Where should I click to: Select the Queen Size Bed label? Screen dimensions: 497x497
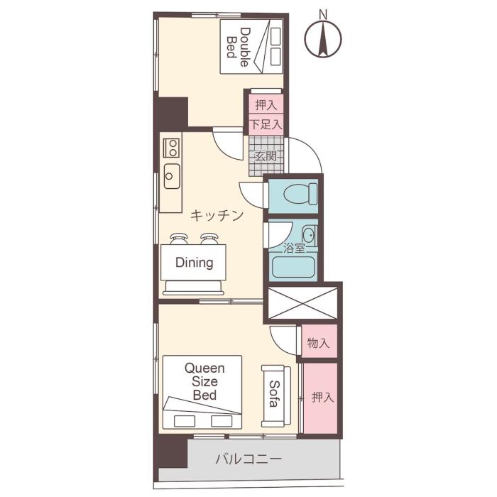(x=204, y=382)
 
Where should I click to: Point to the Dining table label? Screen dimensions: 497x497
(x=195, y=263)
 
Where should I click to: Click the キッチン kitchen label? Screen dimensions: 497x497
(x=217, y=214)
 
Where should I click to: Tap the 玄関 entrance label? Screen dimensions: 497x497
(x=266, y=158)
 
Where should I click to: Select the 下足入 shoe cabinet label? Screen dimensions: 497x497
(x=266, y=124)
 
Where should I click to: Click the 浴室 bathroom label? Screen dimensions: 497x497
(x=295, y=248)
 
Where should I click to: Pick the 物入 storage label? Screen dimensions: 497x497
(x=318, y=343)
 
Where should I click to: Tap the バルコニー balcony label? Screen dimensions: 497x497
(x=248, y=459)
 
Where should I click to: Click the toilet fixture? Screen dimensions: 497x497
(x=297, y=193)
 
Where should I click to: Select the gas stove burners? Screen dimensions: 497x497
(x=171, y=148)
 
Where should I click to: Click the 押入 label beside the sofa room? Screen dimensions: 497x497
(x=322, y=398)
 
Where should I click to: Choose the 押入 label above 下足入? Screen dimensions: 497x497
(x=266, y=105)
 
